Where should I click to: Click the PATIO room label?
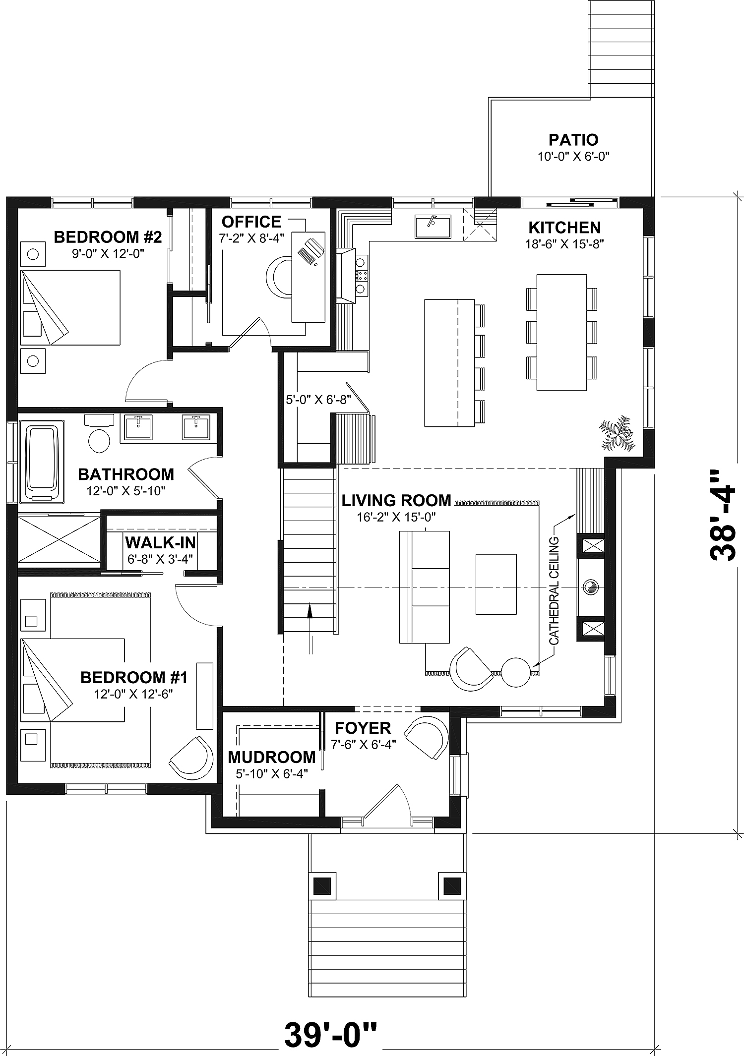573,140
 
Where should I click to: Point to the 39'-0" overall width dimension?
330,1032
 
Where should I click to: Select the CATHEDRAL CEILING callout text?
554,590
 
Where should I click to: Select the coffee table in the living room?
496,584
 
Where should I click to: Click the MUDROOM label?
271,758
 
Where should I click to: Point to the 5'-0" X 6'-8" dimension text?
318,400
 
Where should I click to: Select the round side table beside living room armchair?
516,672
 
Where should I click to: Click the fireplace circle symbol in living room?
591,587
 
